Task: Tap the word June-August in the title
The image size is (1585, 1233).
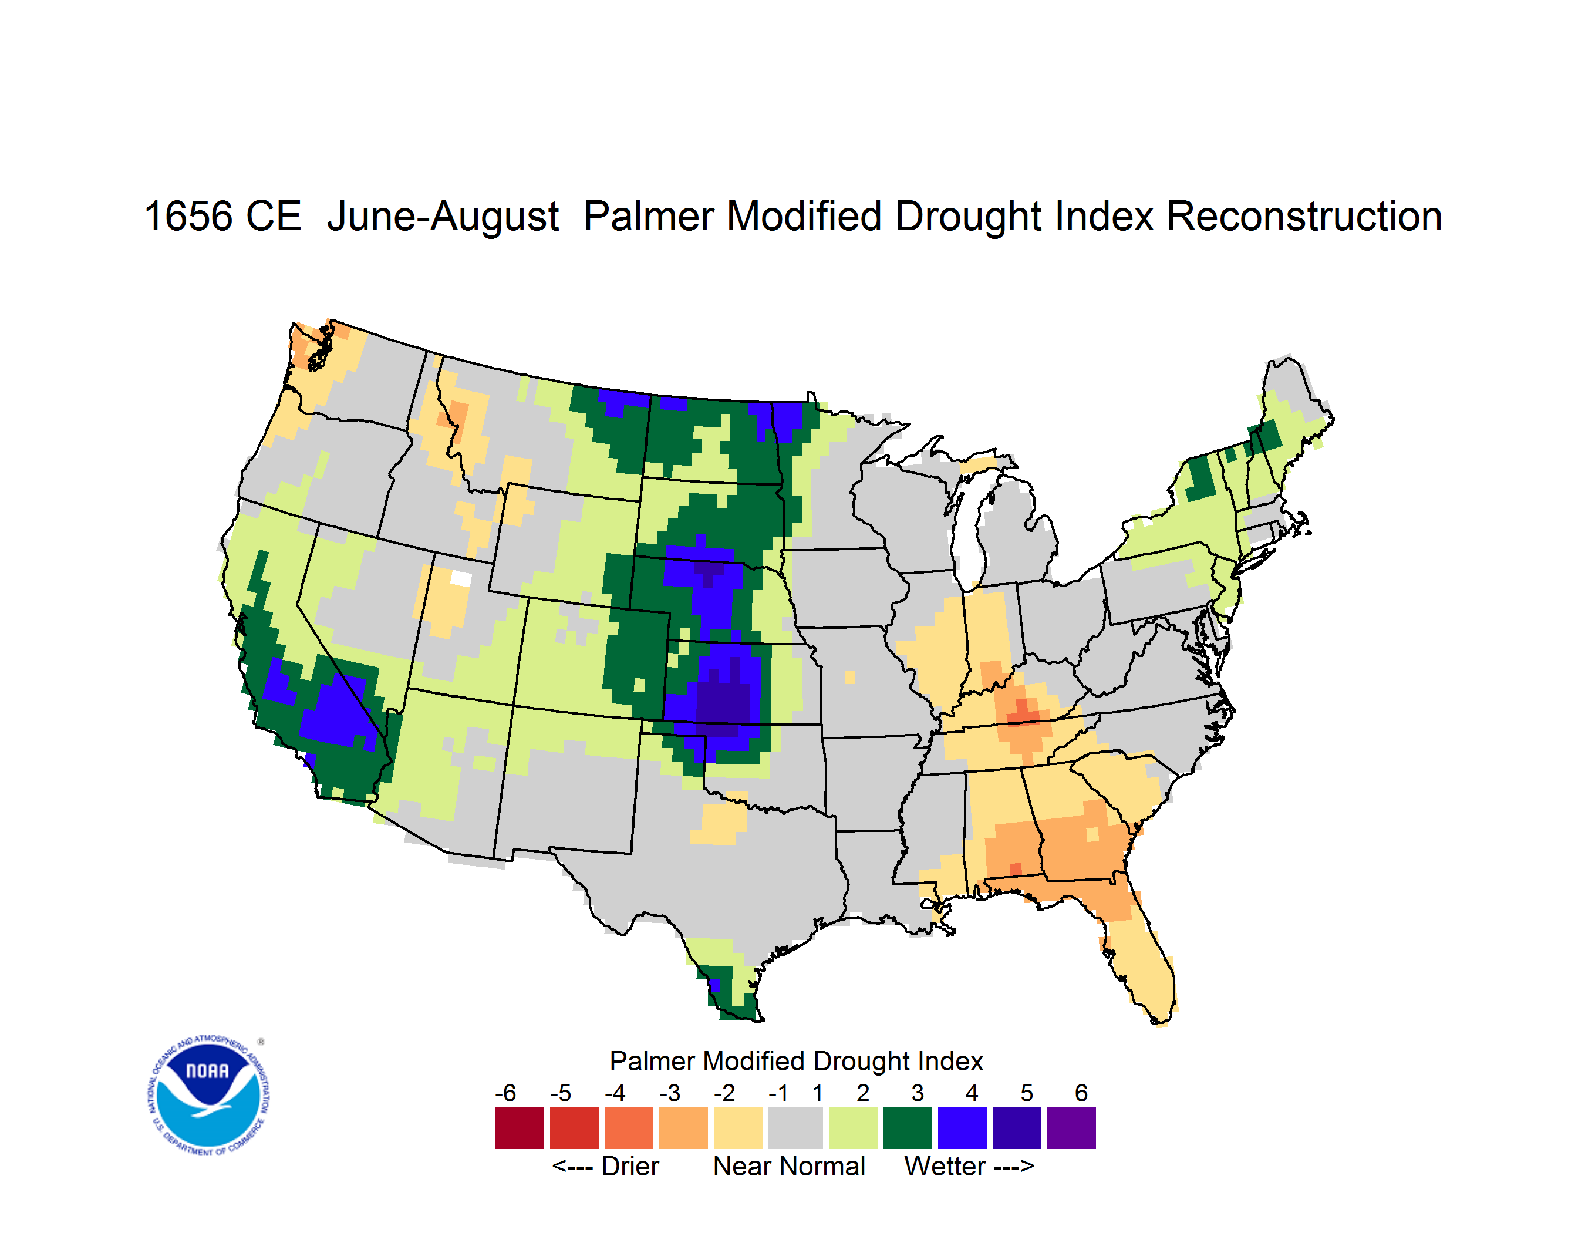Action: point(443,218)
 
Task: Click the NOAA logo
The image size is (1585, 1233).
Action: point(208,1096)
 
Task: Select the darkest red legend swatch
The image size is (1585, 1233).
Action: point(520,1128)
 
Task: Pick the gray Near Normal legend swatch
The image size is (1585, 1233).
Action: point(795,1128)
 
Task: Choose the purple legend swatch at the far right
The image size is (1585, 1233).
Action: point(1071,1128)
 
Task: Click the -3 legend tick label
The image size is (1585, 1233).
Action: point(670,1093)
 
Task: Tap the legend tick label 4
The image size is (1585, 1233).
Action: point(972,1093)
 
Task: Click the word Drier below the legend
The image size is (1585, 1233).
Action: point(630,1166)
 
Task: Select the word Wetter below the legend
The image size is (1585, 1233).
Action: point(945,1166)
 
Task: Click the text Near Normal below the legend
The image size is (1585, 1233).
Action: point(789,1166)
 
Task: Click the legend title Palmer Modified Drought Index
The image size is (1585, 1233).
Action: point(796,1061)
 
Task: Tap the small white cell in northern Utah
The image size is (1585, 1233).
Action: point(461,578)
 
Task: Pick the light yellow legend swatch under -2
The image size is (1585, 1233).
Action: point(738,1128)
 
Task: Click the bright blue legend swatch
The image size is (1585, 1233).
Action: point(962,1128)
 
